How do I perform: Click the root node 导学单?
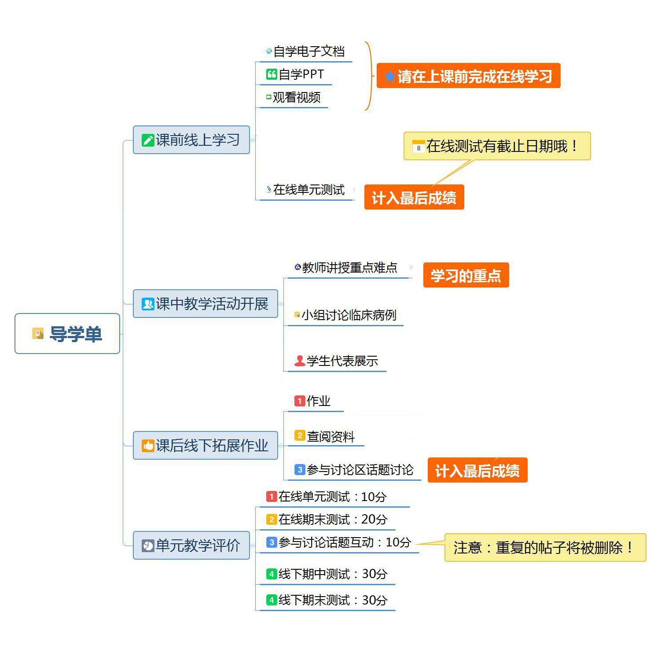(67, 334)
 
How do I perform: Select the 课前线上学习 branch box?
(191, 140)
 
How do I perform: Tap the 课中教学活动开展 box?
(206, 304)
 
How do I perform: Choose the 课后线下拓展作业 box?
(206, 446)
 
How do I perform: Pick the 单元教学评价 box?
(191, 546)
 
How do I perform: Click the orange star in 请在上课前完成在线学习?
(389, 77)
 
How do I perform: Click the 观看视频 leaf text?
(297, 97)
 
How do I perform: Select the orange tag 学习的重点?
(466, 276)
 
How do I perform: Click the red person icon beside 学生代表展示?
(300, 361)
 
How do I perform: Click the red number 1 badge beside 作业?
(300, 401)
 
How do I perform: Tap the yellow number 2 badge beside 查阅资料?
(300, 436)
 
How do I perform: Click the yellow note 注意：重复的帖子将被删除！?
(545, 548)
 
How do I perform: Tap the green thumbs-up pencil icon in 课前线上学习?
(147, 140)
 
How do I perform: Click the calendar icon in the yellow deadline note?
(418, 147)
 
